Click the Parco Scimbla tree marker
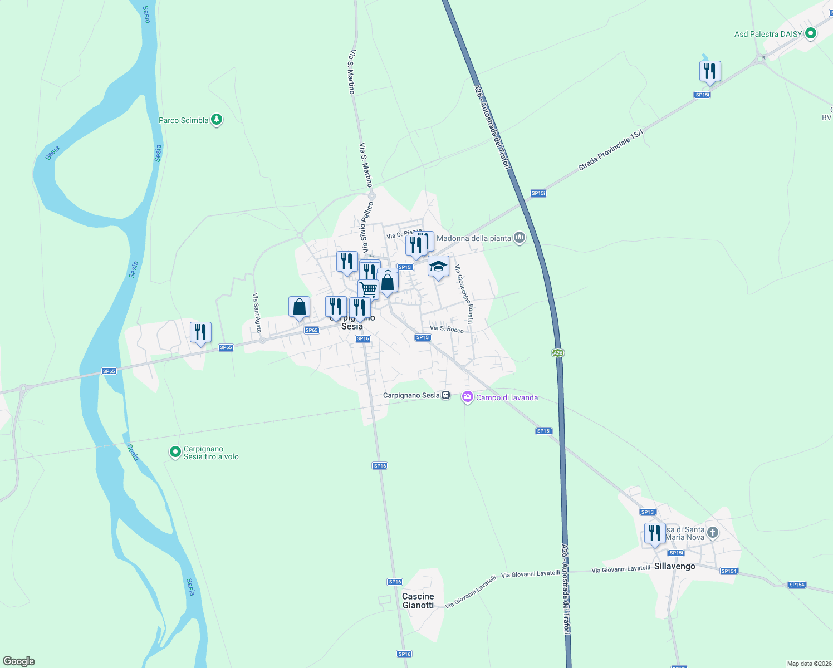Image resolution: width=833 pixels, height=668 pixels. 217,120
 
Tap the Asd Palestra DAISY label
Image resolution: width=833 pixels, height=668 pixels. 768,34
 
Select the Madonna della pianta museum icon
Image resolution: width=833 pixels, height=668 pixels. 520,238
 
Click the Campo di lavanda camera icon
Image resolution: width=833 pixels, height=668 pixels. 468,397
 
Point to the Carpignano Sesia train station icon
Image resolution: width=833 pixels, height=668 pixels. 446,395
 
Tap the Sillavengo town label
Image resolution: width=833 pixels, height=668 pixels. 674,566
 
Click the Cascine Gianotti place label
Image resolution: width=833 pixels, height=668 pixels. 418,601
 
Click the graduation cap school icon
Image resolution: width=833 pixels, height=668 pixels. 438,267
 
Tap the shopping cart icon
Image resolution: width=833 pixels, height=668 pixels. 368,289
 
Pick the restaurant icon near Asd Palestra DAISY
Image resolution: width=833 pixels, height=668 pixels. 709,71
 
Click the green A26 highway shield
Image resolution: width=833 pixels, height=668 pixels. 558,353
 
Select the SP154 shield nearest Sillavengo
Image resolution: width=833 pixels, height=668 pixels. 729,571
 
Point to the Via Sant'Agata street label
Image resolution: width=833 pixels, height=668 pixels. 257,313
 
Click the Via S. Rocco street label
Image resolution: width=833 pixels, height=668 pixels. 447,329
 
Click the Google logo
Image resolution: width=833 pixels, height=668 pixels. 19,661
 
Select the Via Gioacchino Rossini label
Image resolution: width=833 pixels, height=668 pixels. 463,294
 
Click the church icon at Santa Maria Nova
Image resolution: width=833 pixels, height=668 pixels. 712,533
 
